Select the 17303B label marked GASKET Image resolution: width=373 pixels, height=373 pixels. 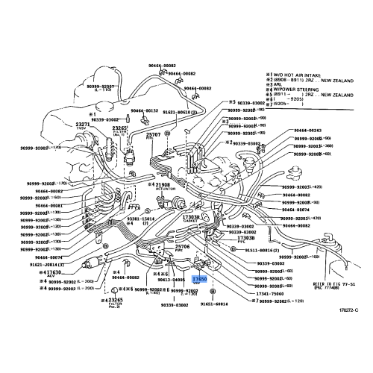point(191,216)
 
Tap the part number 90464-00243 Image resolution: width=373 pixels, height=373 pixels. point(307,131)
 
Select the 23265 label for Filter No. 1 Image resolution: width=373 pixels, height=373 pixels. point(121,128)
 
